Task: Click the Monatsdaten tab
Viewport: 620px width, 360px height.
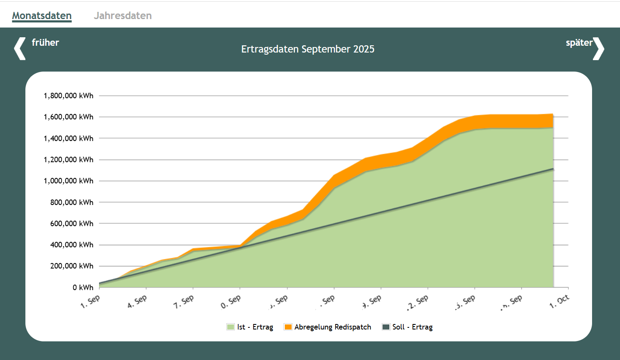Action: tap(42, 16)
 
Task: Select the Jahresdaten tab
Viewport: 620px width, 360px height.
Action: tap(123, 16)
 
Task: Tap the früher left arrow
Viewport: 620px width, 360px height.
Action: tap(20, 48)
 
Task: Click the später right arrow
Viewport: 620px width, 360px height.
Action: tap(598, 48)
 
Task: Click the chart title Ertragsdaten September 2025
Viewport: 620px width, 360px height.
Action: tap(308, 49)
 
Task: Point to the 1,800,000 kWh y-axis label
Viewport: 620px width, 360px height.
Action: tap(69, 96)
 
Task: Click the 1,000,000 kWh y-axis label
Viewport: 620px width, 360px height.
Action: tap(69, 181)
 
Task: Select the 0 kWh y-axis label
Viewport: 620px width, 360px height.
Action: tap(83, 288)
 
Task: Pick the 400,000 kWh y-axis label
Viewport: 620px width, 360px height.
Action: tap(72, 245)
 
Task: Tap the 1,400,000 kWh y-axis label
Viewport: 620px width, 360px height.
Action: tap(69, 138)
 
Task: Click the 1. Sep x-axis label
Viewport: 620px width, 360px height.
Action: tap(90, 301)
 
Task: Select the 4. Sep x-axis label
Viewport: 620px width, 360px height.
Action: tap(137, 301)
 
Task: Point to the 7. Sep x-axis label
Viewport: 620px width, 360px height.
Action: tap(184, 301)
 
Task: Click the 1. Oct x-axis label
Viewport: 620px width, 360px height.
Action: tap(559, 302)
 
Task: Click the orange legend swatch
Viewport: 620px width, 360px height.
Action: tap(288, 327)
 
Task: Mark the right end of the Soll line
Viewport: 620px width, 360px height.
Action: tap(553, 169)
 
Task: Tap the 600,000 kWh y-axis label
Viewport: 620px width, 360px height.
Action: tap(72, 224)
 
